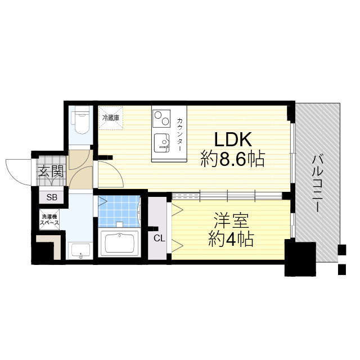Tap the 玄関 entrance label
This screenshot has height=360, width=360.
(x=51, y=172)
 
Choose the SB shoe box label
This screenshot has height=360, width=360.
(x=51, y=197)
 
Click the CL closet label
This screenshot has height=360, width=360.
(x=159, y=238)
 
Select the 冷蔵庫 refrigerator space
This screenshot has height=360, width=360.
(x=111, y=118)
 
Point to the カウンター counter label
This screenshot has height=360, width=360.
(x=179, y=134)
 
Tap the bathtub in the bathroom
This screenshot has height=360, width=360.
(x=119, y=243)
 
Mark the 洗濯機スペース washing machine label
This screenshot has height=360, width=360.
(x=49, y=219)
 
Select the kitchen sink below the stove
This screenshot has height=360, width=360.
(x=161, y=142)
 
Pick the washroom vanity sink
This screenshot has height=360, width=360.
(x=80, y=250)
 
